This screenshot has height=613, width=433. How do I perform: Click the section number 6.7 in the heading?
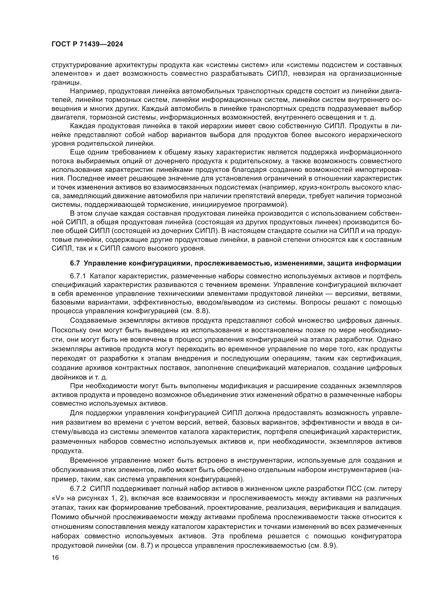click(75, 263)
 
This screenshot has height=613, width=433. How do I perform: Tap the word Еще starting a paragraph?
click(76, 152)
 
